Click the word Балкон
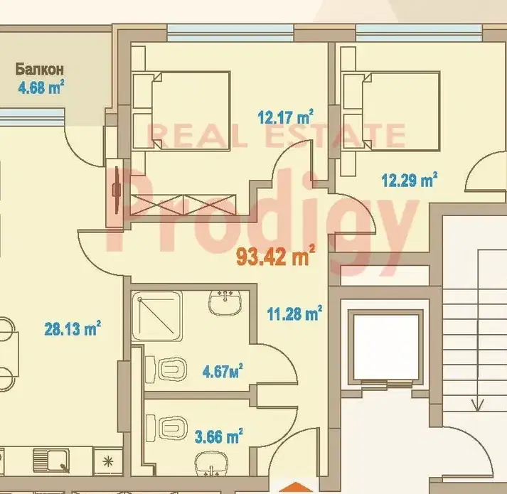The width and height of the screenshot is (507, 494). [39, 70]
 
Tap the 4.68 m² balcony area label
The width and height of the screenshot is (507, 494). [41, 87]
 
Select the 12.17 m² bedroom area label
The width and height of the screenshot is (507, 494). [286, 117]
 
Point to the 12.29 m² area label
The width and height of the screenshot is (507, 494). [410, 179]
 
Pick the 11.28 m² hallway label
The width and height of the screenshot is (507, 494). [294, 313]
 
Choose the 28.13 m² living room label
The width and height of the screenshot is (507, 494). [73, 328]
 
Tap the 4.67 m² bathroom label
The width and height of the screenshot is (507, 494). [223, 370]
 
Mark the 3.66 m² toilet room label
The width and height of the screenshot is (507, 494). [218, 436]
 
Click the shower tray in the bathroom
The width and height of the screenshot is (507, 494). [157, 316]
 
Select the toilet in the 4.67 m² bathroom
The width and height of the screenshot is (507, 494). [166, 369]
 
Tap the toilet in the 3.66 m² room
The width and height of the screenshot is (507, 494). [167, 428]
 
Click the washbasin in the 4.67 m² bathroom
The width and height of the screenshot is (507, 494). [225, 303]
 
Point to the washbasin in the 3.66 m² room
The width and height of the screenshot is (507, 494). [211, 464]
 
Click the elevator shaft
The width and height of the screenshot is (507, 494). [386, 348]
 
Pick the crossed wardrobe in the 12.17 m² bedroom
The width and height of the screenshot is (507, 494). [183, 205]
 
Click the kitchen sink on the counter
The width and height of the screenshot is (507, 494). [51, 460]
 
